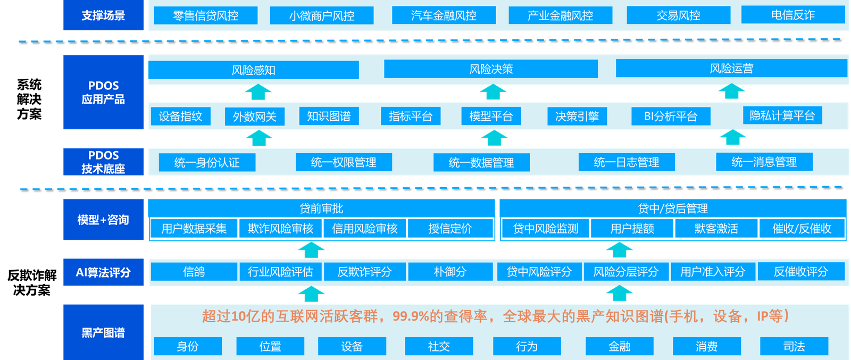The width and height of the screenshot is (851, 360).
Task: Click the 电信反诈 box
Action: click(793, 15)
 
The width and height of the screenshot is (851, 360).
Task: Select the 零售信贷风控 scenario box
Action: click(205, 15)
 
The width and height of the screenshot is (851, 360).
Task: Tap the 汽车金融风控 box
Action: click(444, 15)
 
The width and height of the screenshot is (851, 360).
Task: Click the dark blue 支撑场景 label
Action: click(103, 15)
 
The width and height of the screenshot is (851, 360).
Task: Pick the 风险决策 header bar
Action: click(491, 69)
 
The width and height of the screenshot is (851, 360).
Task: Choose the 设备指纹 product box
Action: click(180, 116)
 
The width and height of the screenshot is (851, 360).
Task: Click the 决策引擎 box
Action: click(577, 116)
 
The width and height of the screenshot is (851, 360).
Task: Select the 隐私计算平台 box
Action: click(782, 115)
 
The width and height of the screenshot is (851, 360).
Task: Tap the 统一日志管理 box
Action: click(627, 163)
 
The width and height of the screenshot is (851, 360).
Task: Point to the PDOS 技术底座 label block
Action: click(103, 162)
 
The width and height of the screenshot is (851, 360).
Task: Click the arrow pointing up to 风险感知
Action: click(258, 92)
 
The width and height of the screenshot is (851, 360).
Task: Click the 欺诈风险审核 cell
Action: click(280, 229)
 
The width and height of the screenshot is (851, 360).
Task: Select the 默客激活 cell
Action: click(716, 229)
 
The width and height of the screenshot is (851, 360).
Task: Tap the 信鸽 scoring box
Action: click(194, 272)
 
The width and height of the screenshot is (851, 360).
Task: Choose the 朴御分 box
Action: click(450, 272)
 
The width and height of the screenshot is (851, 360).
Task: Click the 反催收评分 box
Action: click(801, 272)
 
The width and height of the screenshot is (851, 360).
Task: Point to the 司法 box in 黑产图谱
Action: click(794, 346)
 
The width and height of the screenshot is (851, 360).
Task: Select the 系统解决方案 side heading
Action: click(29, 99)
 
